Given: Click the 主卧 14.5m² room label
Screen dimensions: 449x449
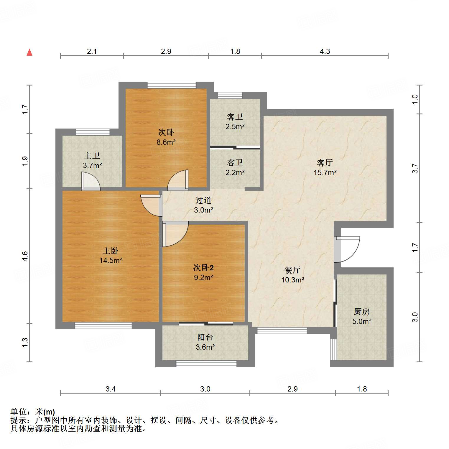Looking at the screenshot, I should click(111, 255).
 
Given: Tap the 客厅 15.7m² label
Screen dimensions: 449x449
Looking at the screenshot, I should click(325, 167).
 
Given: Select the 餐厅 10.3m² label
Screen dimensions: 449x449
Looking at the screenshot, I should click(292, 275).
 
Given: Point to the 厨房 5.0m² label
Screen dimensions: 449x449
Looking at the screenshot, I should click(362, 316).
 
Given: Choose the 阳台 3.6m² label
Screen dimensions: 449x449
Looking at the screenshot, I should click(205, 342).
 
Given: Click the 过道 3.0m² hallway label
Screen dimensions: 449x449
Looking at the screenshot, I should click(203, 205).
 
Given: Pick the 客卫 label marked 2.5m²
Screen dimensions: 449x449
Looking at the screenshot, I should click(235, 122).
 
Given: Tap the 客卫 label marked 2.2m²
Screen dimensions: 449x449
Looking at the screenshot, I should click(235, 167).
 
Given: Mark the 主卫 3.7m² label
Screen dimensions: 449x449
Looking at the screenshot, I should click(92, 160).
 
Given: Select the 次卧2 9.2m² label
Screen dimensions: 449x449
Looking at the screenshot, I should click(203, 272).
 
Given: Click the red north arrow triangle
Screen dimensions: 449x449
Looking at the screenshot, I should click(29, 52).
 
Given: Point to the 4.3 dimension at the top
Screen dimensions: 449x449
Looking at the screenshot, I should click(325, 52).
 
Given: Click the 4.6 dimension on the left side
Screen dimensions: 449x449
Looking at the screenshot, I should click(25, 256).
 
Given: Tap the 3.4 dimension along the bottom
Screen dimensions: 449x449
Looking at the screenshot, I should click(111, 389).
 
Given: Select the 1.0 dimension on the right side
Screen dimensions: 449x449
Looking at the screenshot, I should click(415, 99).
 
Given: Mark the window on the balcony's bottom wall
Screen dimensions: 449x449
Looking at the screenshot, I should click(206, 364).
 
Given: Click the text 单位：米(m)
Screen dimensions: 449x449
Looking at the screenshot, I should click(33, 412).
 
